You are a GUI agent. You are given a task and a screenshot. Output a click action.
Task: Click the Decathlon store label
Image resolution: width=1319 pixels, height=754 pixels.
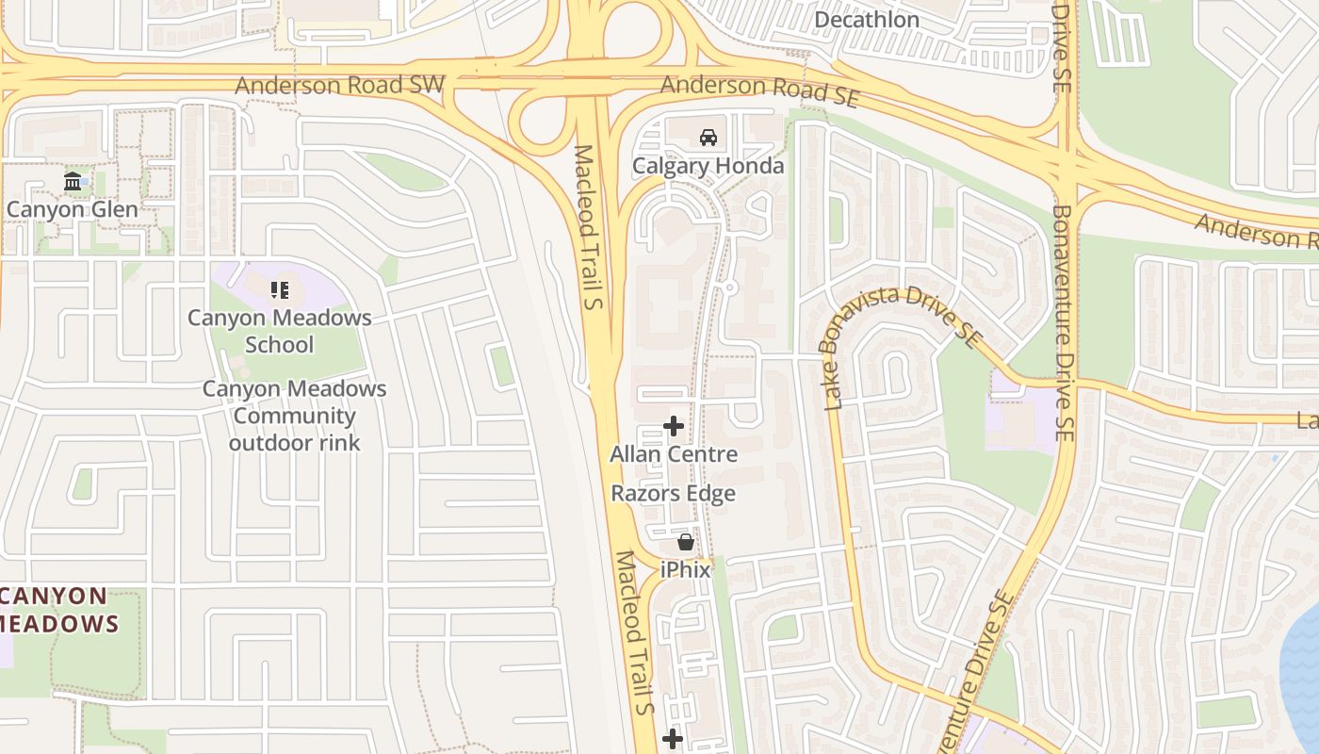(x=866, y=20)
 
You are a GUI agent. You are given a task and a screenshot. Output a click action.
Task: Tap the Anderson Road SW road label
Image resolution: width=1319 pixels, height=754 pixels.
(x=339, y=85)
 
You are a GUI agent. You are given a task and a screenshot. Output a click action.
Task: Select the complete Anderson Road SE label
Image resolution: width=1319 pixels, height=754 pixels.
(x=759, y=88)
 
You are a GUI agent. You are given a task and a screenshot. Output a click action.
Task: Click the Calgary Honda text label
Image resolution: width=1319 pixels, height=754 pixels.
(x=708, y=166)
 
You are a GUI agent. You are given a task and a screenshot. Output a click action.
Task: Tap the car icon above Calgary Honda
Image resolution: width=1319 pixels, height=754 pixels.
(x=708, y=138)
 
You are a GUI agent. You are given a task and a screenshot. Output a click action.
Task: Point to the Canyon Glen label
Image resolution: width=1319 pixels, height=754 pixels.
(x=72, y=208)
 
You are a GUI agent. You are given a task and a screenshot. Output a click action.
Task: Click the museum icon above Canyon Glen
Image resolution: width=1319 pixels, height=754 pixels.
(x=73, y=181)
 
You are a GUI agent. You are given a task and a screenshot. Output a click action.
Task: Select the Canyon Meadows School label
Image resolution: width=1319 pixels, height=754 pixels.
(x=279, y=331)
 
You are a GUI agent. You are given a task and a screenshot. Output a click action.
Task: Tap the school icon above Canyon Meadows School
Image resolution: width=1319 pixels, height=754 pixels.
(x=279, y=289)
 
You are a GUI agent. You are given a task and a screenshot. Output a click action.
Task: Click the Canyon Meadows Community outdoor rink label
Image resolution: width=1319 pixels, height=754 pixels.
(x=294, y=416)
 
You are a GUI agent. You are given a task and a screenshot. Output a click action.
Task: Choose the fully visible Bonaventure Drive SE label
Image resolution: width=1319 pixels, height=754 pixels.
(x=1063, y=324)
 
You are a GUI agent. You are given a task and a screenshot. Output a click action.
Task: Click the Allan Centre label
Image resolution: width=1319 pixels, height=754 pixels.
(x=673, y=454)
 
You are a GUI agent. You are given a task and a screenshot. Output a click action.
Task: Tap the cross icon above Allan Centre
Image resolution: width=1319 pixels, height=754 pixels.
(x=673, y=426)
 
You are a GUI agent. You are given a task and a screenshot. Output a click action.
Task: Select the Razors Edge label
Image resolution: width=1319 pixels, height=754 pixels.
(x=673, y=494)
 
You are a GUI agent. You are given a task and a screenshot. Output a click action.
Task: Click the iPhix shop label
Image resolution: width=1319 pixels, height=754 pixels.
(x=685, y=570)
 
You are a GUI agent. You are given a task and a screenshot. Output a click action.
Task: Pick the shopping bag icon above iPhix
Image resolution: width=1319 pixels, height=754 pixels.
(x=685, y=542)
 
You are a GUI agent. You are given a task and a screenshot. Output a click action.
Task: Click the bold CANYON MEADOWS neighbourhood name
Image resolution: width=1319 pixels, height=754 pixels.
(x=57, y=610)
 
